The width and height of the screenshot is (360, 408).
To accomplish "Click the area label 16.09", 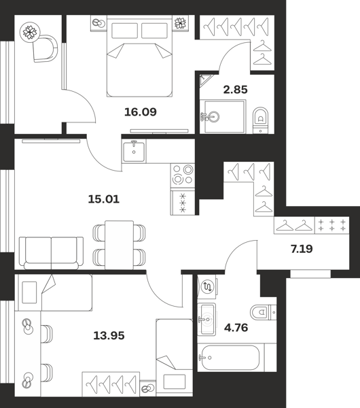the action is [141, 112].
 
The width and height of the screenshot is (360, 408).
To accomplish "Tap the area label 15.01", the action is [104, 199].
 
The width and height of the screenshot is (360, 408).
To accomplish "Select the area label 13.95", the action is [109, 336].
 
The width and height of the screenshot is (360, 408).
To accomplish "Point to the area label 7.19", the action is [302, 249].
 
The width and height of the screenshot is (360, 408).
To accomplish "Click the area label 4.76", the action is [236, 328].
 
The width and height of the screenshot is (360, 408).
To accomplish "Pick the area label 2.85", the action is [235, 90].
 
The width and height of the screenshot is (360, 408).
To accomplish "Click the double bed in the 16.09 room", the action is [139, 56].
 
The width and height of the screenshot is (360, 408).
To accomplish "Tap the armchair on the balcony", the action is [46, 49].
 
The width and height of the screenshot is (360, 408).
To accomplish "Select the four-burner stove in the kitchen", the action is [183, 175].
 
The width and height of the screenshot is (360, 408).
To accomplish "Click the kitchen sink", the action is [134, 152].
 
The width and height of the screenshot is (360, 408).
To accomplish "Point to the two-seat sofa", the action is [51, 253].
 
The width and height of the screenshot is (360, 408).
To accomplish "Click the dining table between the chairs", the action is [119, 245].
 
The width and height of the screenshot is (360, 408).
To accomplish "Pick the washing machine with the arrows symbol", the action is [208, 286].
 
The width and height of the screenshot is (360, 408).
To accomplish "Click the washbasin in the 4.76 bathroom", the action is [206, 320].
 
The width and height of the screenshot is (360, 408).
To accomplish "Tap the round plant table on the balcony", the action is [30, 31].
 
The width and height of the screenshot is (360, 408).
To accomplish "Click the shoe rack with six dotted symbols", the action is [332, 225].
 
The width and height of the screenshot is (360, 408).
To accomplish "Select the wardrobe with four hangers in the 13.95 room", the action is [111, 384].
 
